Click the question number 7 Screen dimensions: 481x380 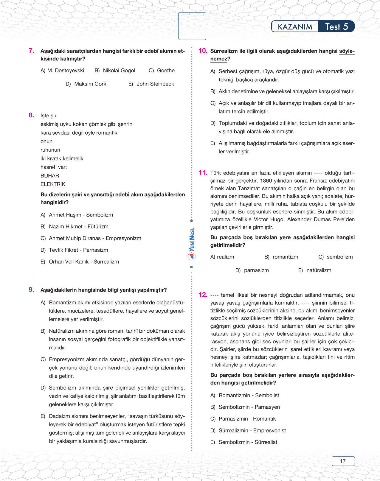pos(31,51)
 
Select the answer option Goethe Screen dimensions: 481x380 pos(166,71)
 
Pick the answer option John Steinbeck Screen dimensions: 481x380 pos(155,84)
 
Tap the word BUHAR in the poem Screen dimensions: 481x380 pos(50,176)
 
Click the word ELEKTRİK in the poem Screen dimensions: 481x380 pos(53,184)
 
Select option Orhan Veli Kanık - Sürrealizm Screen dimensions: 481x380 pos(84,262)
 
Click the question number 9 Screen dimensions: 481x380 pos(31,290)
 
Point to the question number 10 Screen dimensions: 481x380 pos(203,51)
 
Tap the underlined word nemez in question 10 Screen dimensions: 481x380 pos(219,59)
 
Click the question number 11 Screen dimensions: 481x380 pos(203,173)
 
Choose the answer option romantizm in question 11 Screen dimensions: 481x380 pos(285,257)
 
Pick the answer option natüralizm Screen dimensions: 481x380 pos(319,270)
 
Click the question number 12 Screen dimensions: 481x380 pos(203,295)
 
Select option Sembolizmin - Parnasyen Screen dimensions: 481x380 pos(249,407)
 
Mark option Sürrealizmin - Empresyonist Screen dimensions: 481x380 pos(252,431)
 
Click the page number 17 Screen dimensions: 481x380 pos(343,461)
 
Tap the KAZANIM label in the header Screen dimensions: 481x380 pos(295,27)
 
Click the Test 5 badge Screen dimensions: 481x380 pos(336,27)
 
